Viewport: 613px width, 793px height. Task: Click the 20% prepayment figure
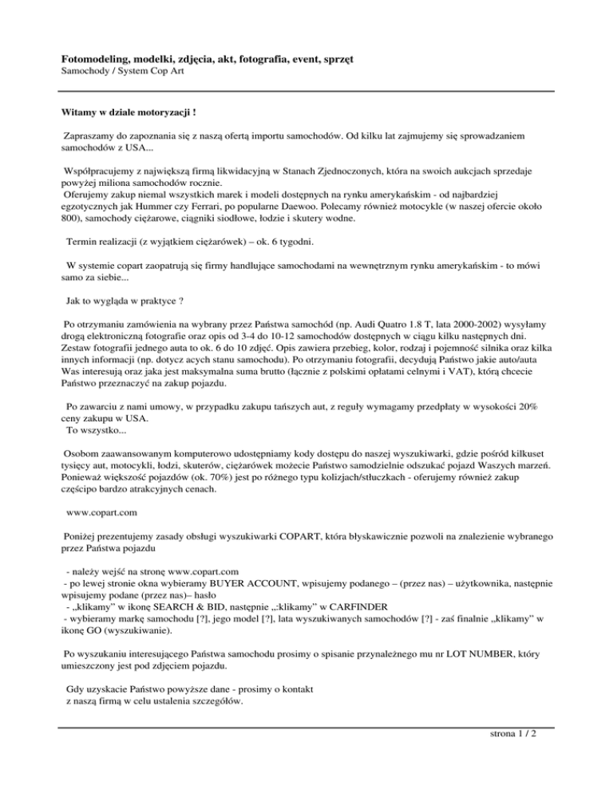click(x=524, y=405)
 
